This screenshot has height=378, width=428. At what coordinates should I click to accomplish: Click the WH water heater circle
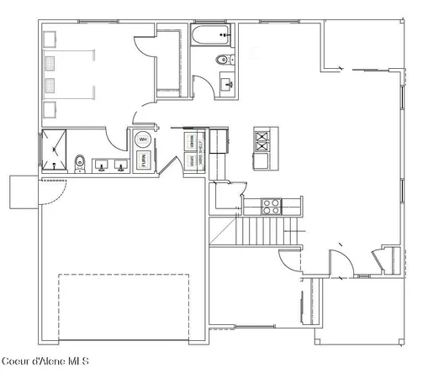142,139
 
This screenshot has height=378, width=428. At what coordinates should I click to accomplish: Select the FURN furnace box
144,160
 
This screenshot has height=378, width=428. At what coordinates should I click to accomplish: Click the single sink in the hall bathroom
227,83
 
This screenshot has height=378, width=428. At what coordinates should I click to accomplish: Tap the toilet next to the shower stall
80,161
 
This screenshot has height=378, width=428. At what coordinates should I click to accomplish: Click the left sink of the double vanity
103,165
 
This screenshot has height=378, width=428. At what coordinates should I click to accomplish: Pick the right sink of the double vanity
122,165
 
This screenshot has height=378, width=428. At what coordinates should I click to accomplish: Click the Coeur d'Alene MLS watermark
44,362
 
